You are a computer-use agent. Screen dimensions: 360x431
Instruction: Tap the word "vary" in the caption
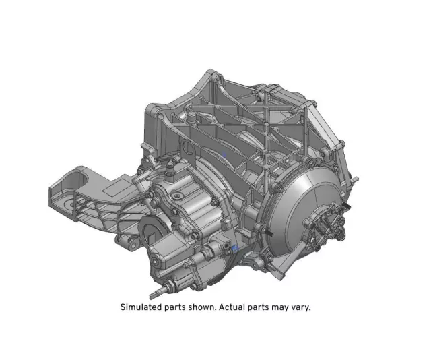point(300,307)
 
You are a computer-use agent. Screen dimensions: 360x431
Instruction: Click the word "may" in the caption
point(281,307)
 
